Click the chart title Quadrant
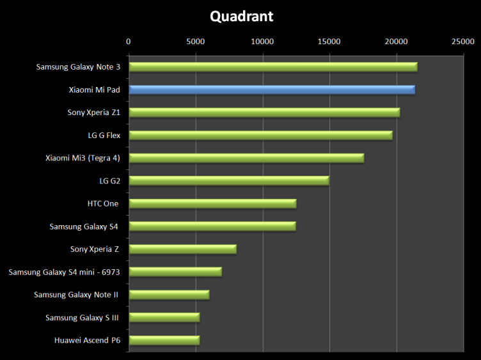(242, 16)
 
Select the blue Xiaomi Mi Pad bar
(272, 90)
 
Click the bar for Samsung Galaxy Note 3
(273, 67)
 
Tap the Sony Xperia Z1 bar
(264, 113)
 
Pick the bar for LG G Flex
(261, 135)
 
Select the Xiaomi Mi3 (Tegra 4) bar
(246, 158)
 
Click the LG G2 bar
(229, 181)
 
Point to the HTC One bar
(212, 203)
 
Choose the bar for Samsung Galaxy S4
(212, 226)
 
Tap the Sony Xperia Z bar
(182, 249)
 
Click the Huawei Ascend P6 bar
(164, 340)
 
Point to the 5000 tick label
(196, 42)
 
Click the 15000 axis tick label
(329, 42)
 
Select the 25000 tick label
(463, 42)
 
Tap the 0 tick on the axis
(129, 42)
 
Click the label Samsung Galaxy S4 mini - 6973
(65, 272)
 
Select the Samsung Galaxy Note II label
(77, 295)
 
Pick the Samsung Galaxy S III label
(83, 318)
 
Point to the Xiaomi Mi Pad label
(94, 90)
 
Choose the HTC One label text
(103, 203)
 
